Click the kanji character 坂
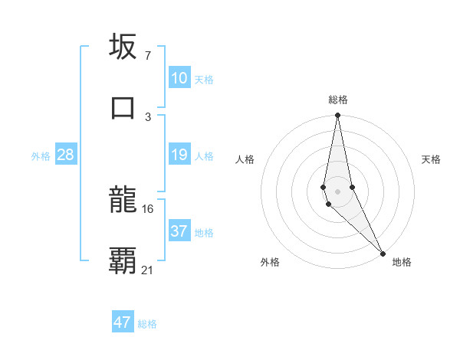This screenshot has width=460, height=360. pos(123,47)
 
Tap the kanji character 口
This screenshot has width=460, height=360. pos(123,107)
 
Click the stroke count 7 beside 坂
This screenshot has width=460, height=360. pos(147,55)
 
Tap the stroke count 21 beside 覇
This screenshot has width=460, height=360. pos(148,269)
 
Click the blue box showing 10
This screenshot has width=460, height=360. pos(179,78)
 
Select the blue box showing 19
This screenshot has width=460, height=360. pos(179,155)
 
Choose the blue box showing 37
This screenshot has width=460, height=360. pos(179,231)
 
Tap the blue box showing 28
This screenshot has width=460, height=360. pos(66,155)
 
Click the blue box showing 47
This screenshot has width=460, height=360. pos(123,322)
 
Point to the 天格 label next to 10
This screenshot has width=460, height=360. pos(204,80)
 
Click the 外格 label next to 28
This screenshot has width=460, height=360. pos(41,156)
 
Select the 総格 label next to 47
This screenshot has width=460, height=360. pos(147,324)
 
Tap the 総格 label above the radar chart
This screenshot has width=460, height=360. pos(338,100)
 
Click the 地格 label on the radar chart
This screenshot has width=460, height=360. pos(402,263)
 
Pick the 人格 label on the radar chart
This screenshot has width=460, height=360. pos(245,160)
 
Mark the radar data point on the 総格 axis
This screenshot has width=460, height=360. pos(337,116)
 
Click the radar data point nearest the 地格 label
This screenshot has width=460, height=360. pos(382,253)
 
